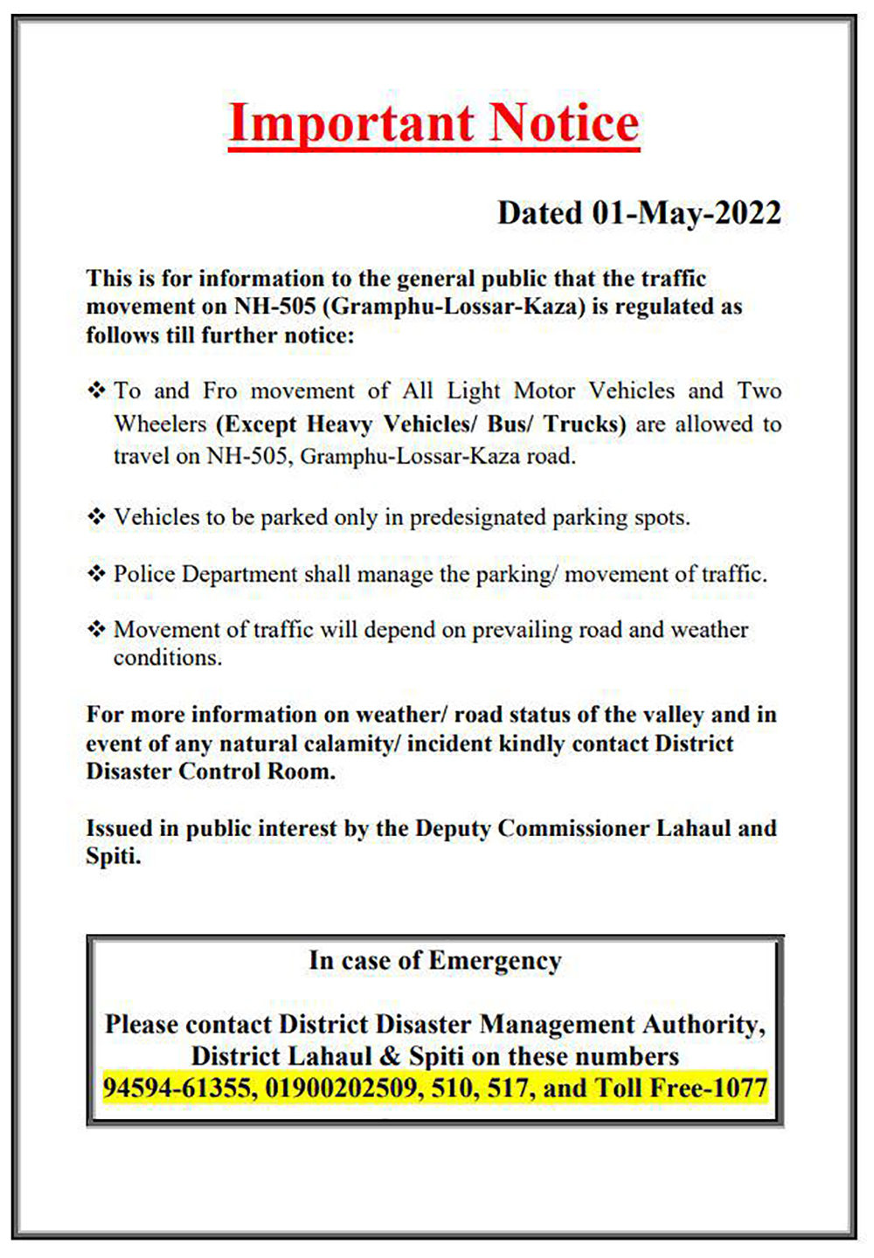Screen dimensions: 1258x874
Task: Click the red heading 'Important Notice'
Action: click(434, 123)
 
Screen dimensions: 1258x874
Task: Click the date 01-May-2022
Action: click(686, 213)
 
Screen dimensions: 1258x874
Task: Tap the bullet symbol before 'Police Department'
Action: click(96, 574)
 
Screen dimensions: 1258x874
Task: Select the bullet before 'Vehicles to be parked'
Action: click(96, 517)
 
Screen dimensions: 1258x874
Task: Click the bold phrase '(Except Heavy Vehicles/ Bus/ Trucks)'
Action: click(421, 425)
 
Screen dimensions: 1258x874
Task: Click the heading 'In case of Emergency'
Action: click(434, 961)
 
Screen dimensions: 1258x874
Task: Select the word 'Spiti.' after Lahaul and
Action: click(114, 856)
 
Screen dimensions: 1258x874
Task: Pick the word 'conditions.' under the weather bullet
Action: click(168, 658)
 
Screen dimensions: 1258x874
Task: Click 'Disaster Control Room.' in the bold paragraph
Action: click(211, 771)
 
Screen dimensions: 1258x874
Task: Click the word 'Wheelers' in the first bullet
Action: click(160, 425)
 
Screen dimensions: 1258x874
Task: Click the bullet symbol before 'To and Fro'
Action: click(96, 390)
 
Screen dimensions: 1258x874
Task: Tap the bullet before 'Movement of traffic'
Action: click(96, 630)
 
